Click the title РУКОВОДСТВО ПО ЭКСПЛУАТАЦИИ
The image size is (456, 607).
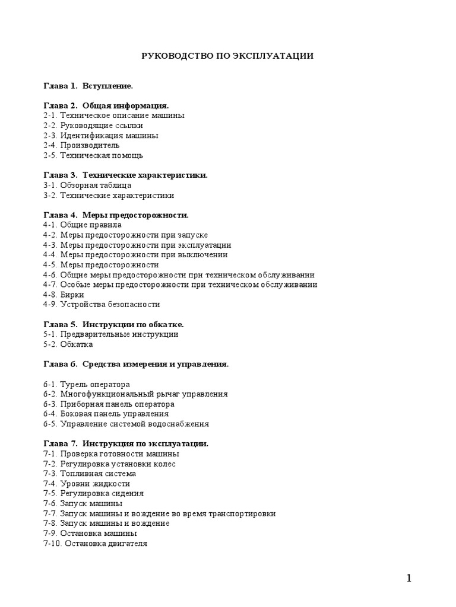click(227, 56)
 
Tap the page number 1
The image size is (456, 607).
click(410, 579)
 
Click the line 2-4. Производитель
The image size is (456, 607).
click(81, 145)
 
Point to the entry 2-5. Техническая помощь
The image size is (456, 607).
click(93, 155)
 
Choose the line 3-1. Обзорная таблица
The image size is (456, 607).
click(87, 185)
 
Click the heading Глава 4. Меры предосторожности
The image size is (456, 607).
click(116, 215)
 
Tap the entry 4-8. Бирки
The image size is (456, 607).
click(64, 295)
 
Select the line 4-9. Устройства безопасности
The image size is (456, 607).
click(102, 305)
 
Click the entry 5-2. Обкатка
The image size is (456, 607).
click(68, 344)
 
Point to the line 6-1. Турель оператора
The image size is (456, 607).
click(86, 385)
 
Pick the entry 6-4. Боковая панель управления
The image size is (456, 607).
click(106, 414)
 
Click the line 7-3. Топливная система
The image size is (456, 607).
click(90, 474)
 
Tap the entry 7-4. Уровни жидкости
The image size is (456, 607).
click(86, 484)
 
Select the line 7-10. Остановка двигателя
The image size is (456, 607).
click(95, 543)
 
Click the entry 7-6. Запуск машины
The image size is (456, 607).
click(83, 503)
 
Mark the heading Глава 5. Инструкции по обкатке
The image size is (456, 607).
click(113, 324)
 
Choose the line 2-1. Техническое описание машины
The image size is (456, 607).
click(113, 116)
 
